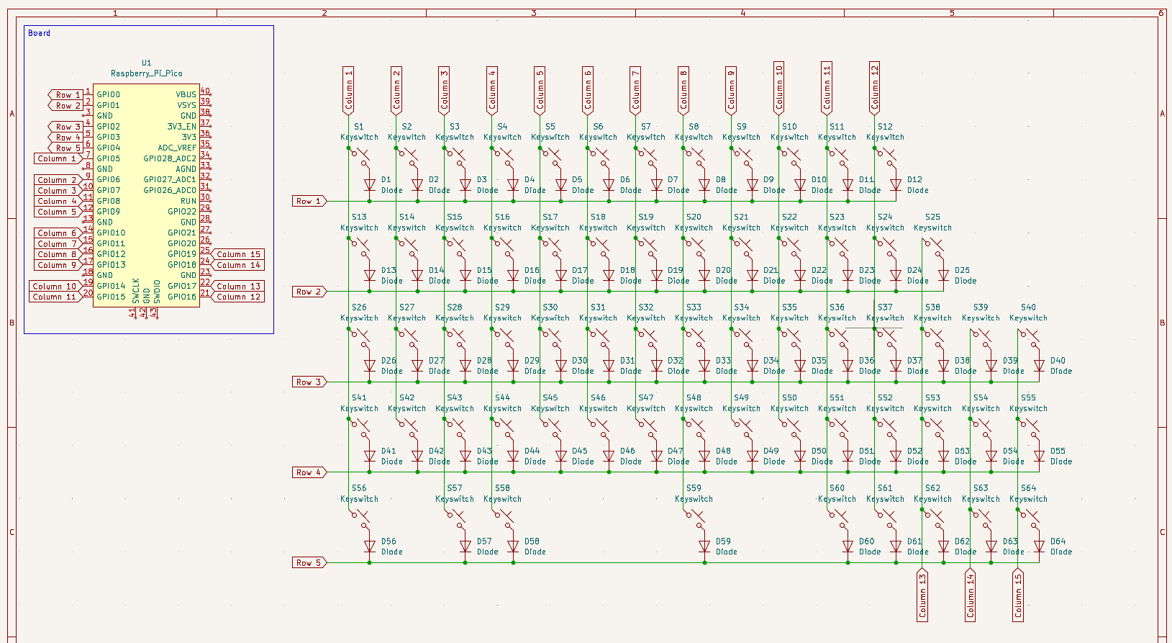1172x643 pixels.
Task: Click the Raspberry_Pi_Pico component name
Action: pos(146,73)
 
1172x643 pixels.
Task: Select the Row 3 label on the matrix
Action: pos(309,382)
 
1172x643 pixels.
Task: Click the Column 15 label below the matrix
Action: pos(1018,595)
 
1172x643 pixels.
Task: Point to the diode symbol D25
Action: pos(943,276)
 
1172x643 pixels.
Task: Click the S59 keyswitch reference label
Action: pos(694,488)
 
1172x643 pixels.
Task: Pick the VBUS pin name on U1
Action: pos(186,94)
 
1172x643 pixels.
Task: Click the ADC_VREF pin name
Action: pos(177,148)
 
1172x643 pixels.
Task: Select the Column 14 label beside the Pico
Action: pos(238,265)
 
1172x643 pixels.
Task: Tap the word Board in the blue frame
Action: pos(39,33)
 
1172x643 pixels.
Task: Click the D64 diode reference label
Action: pos(1058,541)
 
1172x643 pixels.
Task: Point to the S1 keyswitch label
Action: pos(359,127)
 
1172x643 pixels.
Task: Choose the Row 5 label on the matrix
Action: pos(309,562)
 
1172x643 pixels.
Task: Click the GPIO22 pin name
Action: pos(182,212)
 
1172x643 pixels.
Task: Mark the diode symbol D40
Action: pos(1039,366)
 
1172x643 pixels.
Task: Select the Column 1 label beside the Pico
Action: pos(57,158)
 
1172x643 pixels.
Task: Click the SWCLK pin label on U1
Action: pos(136,290)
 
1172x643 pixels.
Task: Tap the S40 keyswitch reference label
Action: pos(1028,307)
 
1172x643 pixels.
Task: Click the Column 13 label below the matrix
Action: pos(922,595)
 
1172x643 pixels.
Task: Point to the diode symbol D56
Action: pos(370,547)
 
